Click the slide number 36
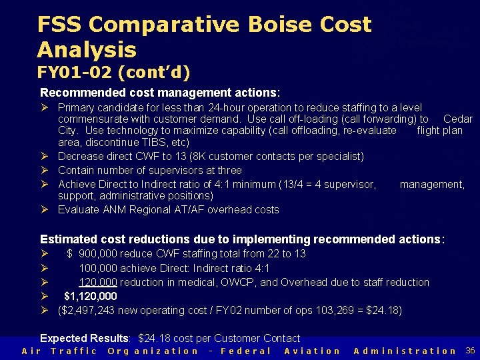click(x=470, y=350)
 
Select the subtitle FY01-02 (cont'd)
click(x=113, y=71)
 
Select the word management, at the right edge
click(x=432, y=184)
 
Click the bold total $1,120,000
click(x=91, y=296)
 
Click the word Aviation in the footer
click(x=312, y=351)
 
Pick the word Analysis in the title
click(x=87, y=49)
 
